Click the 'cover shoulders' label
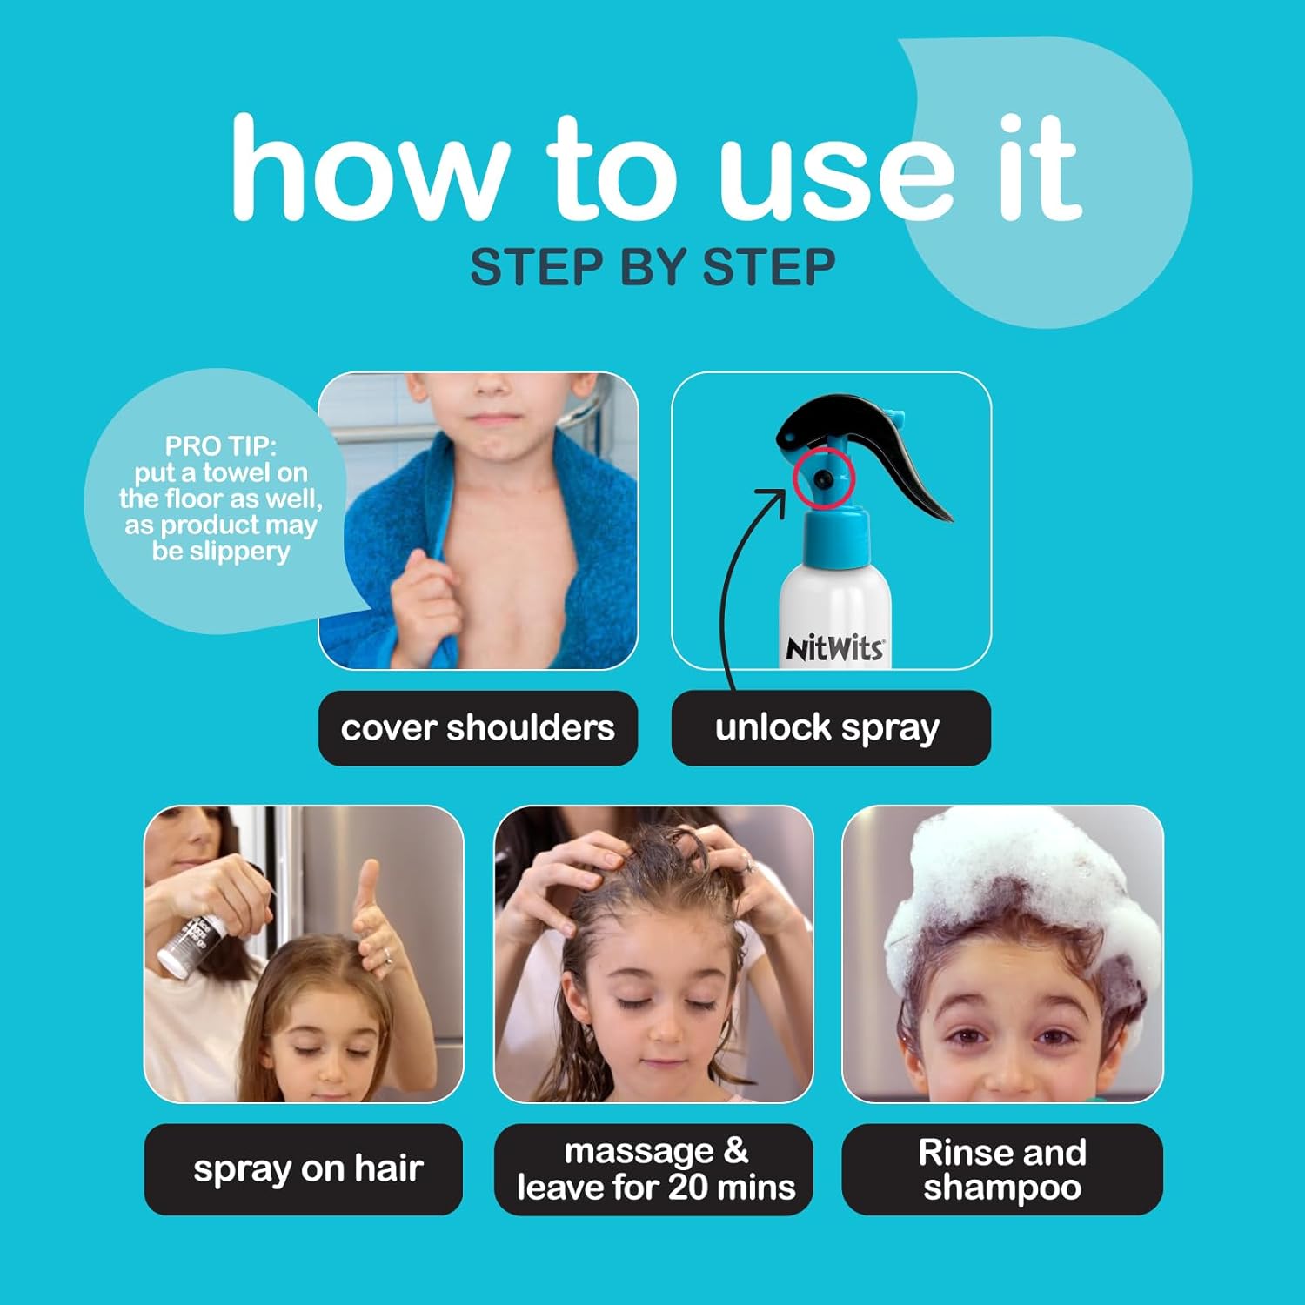tap(478, 728)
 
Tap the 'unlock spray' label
tap(827, 728)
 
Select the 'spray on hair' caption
tap(308, 1169)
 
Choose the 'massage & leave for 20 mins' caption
tap(655, 1169)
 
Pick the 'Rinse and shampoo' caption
tap(1002, 1169)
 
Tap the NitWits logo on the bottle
tap(834, 648)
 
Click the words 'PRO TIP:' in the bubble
tap(221, 446)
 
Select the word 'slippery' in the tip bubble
tap(240, 552)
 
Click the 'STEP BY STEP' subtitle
tap(652, 267)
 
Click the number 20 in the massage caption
tap(686, 1188)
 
